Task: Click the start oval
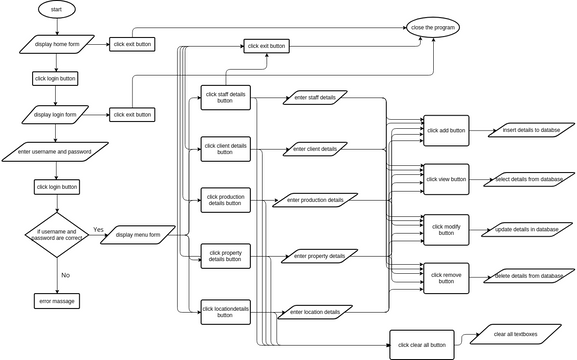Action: (55, 9)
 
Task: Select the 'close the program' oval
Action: (432, 28)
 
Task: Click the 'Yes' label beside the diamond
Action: (98, 229)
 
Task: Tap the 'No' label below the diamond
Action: (65, 274)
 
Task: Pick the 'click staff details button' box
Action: (225, 97)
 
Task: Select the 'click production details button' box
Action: (225, 200)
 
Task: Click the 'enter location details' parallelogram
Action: (315, 312)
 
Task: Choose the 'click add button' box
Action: (446, 130)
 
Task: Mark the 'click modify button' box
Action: (446, 229)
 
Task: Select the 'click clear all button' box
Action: (421, 345)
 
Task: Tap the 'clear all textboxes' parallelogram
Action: (515, 333)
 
